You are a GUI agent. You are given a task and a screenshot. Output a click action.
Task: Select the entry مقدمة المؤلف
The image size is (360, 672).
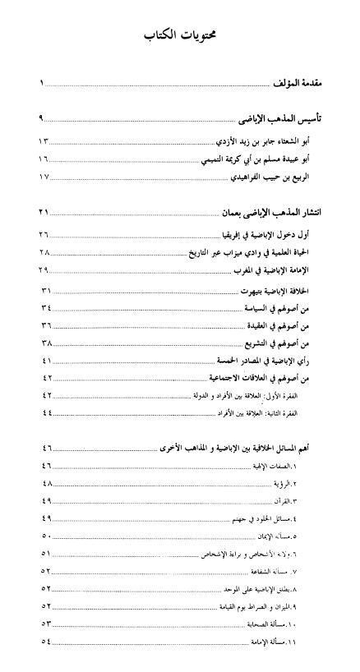pos(298,84)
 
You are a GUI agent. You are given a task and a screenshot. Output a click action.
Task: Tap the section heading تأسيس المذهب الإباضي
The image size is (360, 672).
pos(275,118)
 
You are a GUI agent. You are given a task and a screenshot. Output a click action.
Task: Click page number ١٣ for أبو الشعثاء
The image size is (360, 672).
pos(44,140)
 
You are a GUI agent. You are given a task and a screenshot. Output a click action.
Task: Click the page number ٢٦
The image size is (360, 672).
pos(44,234)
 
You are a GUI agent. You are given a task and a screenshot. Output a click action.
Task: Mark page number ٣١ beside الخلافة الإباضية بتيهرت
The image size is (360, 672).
pos(45,291)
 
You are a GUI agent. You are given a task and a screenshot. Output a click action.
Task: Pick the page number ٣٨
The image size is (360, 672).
pos(45,343)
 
